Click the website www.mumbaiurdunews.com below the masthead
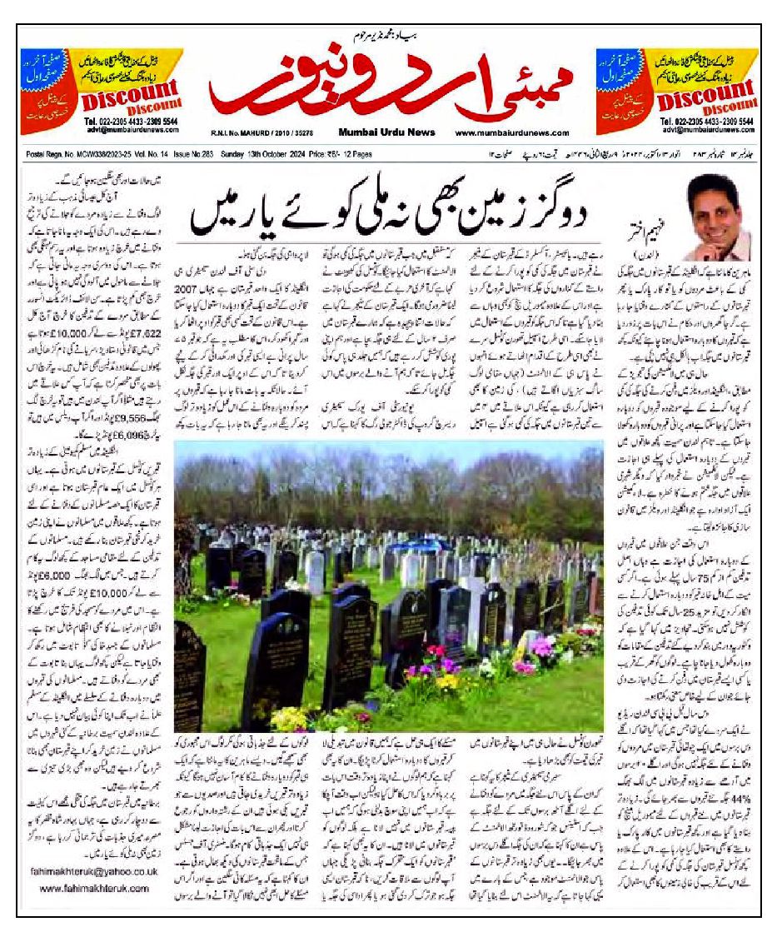pos(512,132)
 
